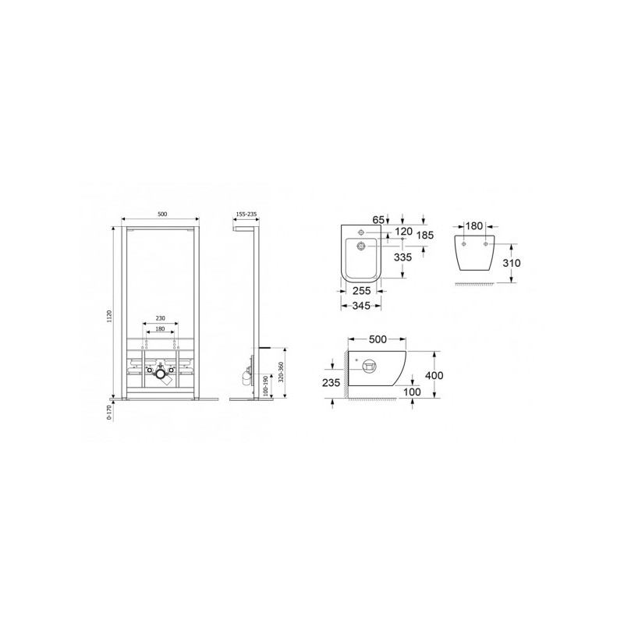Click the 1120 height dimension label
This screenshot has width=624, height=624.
pyautogui.click(x=110, y=316)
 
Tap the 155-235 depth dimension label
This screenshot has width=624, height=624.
pyautogui.click(x=246, y=214)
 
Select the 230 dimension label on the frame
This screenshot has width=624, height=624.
pyautogui.click(x=160, y=318)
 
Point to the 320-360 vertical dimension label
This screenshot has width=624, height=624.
pyautogui.click(x=281, y=372)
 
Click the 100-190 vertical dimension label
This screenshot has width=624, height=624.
pyautogui.click(x=265, y=385)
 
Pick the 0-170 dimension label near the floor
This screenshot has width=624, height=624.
pyautogui.click(x=108, y=412)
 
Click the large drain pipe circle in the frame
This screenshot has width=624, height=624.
pyautogui.click(x=161, y=374)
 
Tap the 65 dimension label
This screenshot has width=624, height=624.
pyautogui.click(x=378, y=219)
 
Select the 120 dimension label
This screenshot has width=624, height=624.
pyautogui.click(x=403, y=231)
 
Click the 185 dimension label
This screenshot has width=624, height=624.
pyautogui.click(x=424, y=235)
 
